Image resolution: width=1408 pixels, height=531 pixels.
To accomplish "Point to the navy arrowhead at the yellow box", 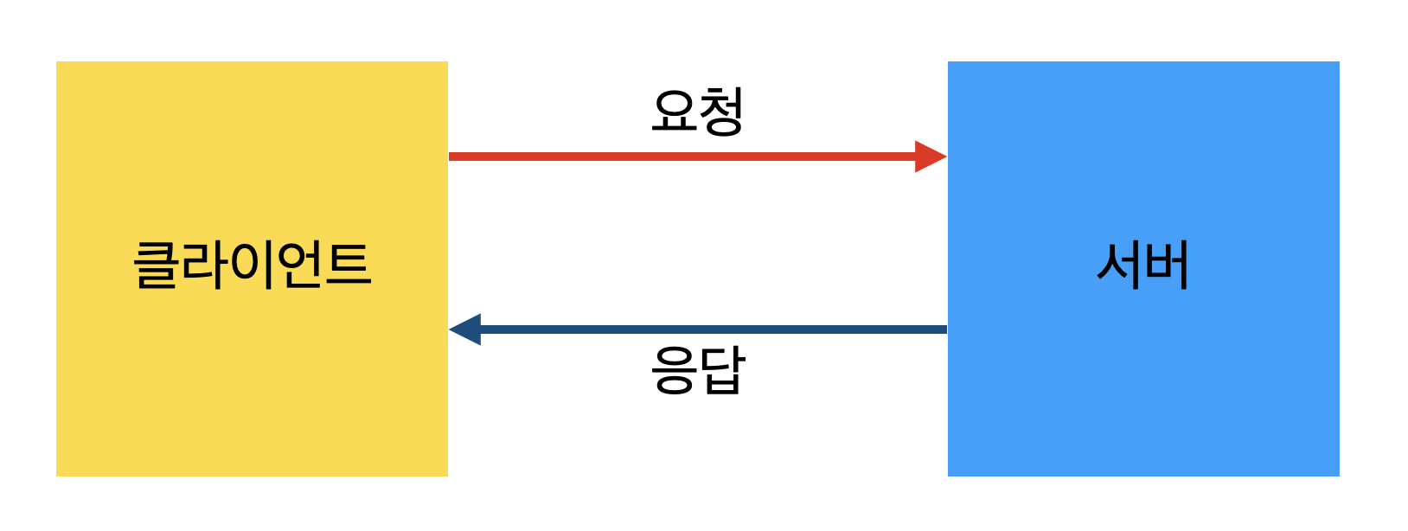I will tap(465, 329).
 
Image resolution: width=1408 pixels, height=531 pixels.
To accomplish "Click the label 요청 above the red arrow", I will tap(697, 112).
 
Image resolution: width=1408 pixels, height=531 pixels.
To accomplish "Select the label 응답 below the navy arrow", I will tap(697, 371).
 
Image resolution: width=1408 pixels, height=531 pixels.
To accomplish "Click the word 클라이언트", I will tap(252, 265).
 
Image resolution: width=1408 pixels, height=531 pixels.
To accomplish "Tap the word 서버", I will tap(1142, 265).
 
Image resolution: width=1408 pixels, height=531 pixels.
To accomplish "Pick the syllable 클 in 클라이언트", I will tap(157, 265).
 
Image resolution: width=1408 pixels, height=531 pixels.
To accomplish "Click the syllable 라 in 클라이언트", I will tap(205, 265).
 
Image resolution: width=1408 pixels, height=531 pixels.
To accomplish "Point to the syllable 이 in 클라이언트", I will tap(253, 265).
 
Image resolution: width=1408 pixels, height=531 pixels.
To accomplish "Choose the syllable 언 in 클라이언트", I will tap(299, 265).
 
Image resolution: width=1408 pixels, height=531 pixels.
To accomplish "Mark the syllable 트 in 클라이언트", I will tap(348, 265).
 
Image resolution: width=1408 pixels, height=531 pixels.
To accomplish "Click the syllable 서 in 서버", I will tap(1119, 265).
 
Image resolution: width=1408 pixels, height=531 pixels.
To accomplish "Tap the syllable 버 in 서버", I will tap(1167, 265).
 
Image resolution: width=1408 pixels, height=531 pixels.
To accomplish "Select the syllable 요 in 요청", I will tap(674, 112).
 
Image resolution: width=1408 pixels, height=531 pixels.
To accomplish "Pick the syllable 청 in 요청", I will tap(721, 112).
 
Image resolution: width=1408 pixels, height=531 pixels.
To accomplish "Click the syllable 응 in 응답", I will tap(674, 371).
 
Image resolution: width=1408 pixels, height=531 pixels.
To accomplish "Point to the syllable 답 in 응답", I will tap(721, 371).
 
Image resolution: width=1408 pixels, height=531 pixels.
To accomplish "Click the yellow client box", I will tap(252, 398).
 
